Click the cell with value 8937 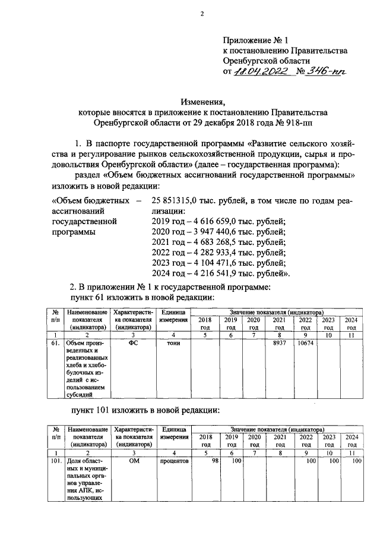pos(279,343)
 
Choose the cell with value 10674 pos(305,343)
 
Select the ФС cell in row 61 pos(134,343)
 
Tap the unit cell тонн pos(174,343)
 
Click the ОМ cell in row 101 pos(134,461)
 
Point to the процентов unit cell pos(174,461)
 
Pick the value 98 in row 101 pos(208,461)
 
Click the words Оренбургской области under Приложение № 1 pos(267,61)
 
